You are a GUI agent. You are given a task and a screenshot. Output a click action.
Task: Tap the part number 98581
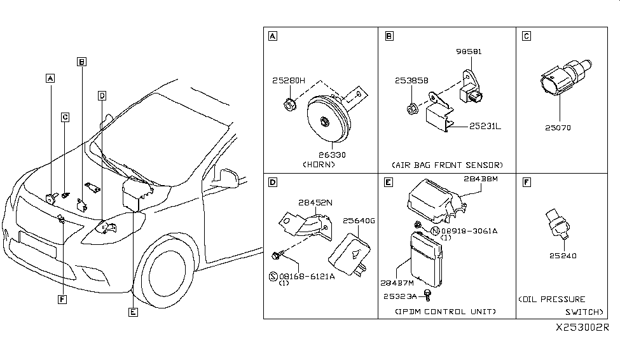click(469, 52)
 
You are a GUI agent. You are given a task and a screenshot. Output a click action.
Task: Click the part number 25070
click(558, 127)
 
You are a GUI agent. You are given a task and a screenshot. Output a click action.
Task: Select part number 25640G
click(359, 221)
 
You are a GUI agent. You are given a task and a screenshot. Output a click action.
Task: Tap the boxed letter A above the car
click(50, 79)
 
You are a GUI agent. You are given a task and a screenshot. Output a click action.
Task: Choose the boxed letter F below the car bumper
click(62, 299)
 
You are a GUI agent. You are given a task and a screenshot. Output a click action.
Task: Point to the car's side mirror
click(227, 176)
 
